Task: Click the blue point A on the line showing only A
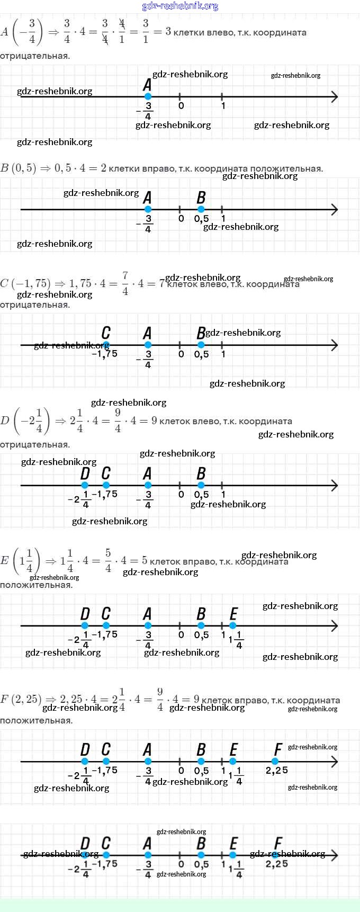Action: point(148,96)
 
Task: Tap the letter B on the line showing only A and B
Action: point(201,198)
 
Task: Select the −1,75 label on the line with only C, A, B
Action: point(105,354)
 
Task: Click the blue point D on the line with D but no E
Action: point(85,485)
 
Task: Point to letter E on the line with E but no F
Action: point(233,614)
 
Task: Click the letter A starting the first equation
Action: point(5,32)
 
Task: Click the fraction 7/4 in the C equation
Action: point(125,283)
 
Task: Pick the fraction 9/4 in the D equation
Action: point(118,421)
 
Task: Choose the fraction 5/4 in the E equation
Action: point(108,560)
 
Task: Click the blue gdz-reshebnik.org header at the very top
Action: point(180,6)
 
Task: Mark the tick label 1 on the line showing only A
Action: point(223,106)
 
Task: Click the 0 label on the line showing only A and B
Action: point(181,219)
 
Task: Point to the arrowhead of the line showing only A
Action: point(334,96)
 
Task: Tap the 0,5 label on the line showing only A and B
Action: point(201,219)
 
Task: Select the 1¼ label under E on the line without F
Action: point(236,640)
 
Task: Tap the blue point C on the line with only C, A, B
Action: point(105,345)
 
